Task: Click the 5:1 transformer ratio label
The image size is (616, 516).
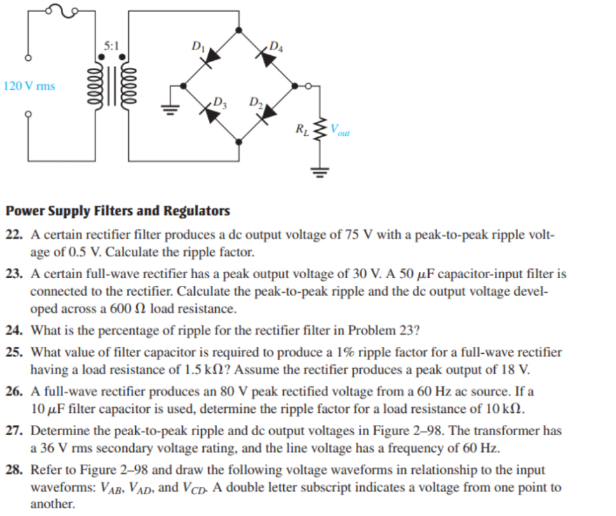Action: click(x=111, y=46)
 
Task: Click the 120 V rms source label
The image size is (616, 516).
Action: click(x=29, y=85)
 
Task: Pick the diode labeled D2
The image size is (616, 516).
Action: click(x=269, y=113)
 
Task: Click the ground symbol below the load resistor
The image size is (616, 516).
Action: click(x=321, y=171)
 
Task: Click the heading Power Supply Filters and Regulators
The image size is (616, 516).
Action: click(x=117, y=211)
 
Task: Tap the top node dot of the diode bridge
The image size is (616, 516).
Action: click(x=239, y=29)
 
